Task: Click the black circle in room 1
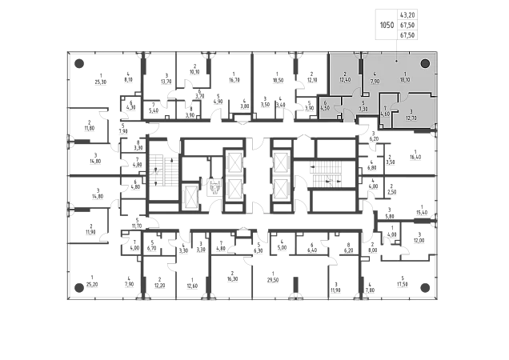coord(426,63)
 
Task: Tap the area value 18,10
coord(405,80)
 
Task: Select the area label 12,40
coord(345,80)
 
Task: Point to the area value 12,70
coord(411,118)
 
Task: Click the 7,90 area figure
coord(375,80)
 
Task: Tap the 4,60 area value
coord(385,114)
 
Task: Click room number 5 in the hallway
coord(363,102)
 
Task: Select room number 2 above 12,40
coord(344,74)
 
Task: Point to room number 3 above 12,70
coord(411,111)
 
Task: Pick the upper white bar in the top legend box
coord(388,15)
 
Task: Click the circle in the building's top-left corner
coord(78,63)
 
